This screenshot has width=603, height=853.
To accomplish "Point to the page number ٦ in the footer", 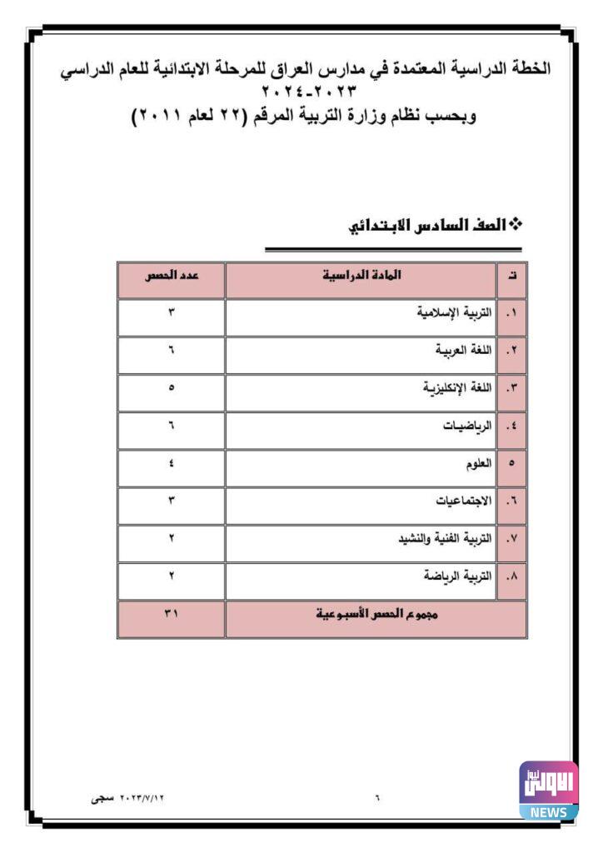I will (377, 797).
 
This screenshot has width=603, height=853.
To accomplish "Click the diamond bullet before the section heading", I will (515, 225).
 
